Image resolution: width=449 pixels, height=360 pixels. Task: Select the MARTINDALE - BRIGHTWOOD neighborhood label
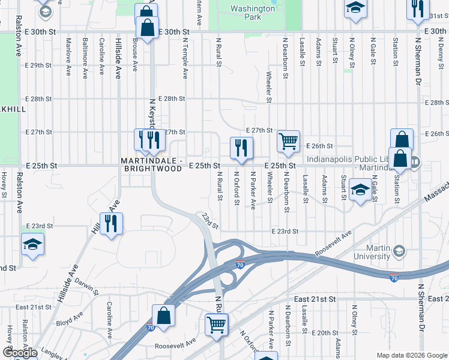click(151, 165)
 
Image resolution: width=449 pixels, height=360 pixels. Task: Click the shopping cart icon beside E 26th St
click(288, 142)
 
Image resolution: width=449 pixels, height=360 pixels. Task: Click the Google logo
click(19, 353)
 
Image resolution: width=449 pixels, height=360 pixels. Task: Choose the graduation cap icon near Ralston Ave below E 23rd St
click(32, 244)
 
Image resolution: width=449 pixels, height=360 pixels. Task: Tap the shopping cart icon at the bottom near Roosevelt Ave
click(216, 325)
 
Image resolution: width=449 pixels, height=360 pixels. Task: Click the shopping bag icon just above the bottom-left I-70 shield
click(163, 315)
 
